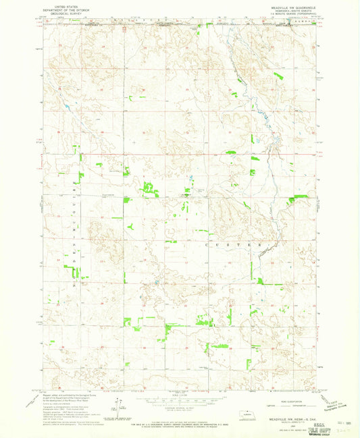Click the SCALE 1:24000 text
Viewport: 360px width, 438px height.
coord(180,396)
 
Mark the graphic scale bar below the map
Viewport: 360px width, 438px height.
coord(180,402)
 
